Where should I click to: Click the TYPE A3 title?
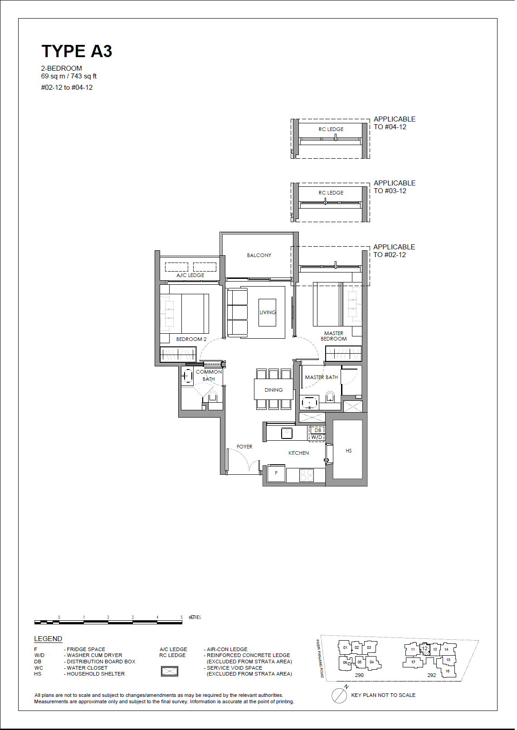(x=77, y=51)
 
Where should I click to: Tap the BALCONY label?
(x=259, y=255)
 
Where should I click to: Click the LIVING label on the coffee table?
(x=268, y=312)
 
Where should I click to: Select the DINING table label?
(x=273, y=390)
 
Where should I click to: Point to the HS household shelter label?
(x=348, y=451)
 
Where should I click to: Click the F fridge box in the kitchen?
(x=276, y=473)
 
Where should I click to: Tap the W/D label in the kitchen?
(x=317, y=438)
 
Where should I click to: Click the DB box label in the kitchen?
(x=318, y=430)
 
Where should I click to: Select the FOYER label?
(x=244, y=447)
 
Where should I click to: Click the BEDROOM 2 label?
(x=191, y=339)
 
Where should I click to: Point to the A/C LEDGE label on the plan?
(x=190, y=275)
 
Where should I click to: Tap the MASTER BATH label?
(x=321, y=377)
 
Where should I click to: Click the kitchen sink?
(x=287, y=433)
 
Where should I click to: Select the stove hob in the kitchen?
(x=307, y=475)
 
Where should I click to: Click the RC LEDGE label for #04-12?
(x=331, y=129)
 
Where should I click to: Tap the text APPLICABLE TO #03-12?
(x=394, y=187)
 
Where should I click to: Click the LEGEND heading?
(x=48, y=639)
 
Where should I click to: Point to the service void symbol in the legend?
(x=170, y=671)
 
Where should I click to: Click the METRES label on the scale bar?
(x=195, y=617)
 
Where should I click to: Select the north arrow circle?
(x=339, y=696)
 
